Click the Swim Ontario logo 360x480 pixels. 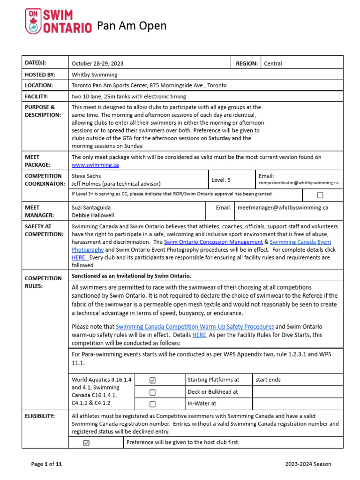coord(57,22)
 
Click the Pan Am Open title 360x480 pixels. coord(132,26)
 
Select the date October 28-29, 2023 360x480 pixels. coord(97,63)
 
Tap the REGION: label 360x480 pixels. coord(247,63)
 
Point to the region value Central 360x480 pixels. coord(273,63)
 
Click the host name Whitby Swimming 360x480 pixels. coord(95,75)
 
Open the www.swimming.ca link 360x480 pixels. coord(95,165)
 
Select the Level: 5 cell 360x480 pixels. coord(221,180)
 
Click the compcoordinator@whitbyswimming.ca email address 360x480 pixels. coord(299,183)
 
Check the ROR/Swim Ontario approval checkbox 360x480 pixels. coord(320,195)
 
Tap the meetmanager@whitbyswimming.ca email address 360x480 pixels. coord(283,207)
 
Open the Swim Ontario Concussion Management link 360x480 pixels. coord(213,242)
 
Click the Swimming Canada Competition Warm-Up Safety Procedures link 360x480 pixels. coord(195,326)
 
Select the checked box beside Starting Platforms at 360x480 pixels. coord(152,380)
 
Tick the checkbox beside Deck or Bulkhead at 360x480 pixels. coord(152,392)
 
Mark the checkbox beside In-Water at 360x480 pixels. coord(152,404)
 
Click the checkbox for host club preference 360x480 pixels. coord(86,443)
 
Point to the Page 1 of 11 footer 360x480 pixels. coord(46,464)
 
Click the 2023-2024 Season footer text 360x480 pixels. coord(308,464)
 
